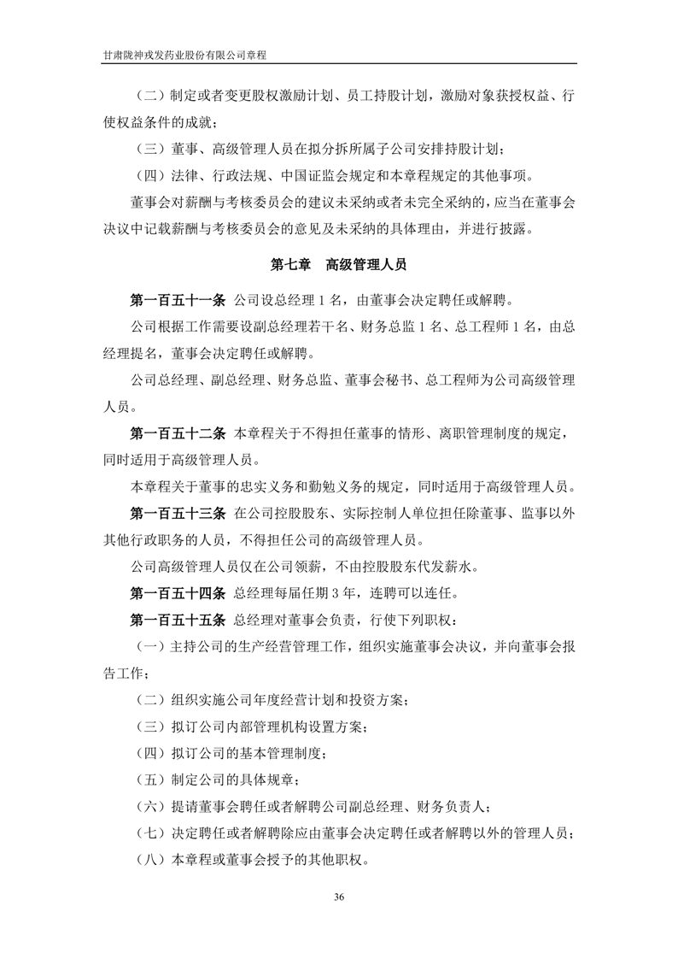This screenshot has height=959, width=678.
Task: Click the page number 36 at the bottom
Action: pyautogui.click(x=339, y=897)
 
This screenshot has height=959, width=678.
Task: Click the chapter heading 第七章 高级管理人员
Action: pyautogui.click(x=338, y=265)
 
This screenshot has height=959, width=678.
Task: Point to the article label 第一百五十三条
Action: pyautogui.click(x=177, y=514)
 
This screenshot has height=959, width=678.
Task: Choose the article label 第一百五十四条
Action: pyautogui.click(x=177, y=591)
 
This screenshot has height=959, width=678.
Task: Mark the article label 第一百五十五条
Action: pyautogui.click(x=177, y=618)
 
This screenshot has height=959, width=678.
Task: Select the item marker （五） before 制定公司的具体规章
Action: pyautogui.click(x=151, y=780)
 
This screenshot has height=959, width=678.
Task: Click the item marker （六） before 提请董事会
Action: pyautogui.click(x=151, y=806)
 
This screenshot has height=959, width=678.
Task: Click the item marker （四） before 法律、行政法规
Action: pyautogui.click(x=151, y=177)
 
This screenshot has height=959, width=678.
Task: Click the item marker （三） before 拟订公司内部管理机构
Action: pyautogui.click(x=151, y=726)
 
